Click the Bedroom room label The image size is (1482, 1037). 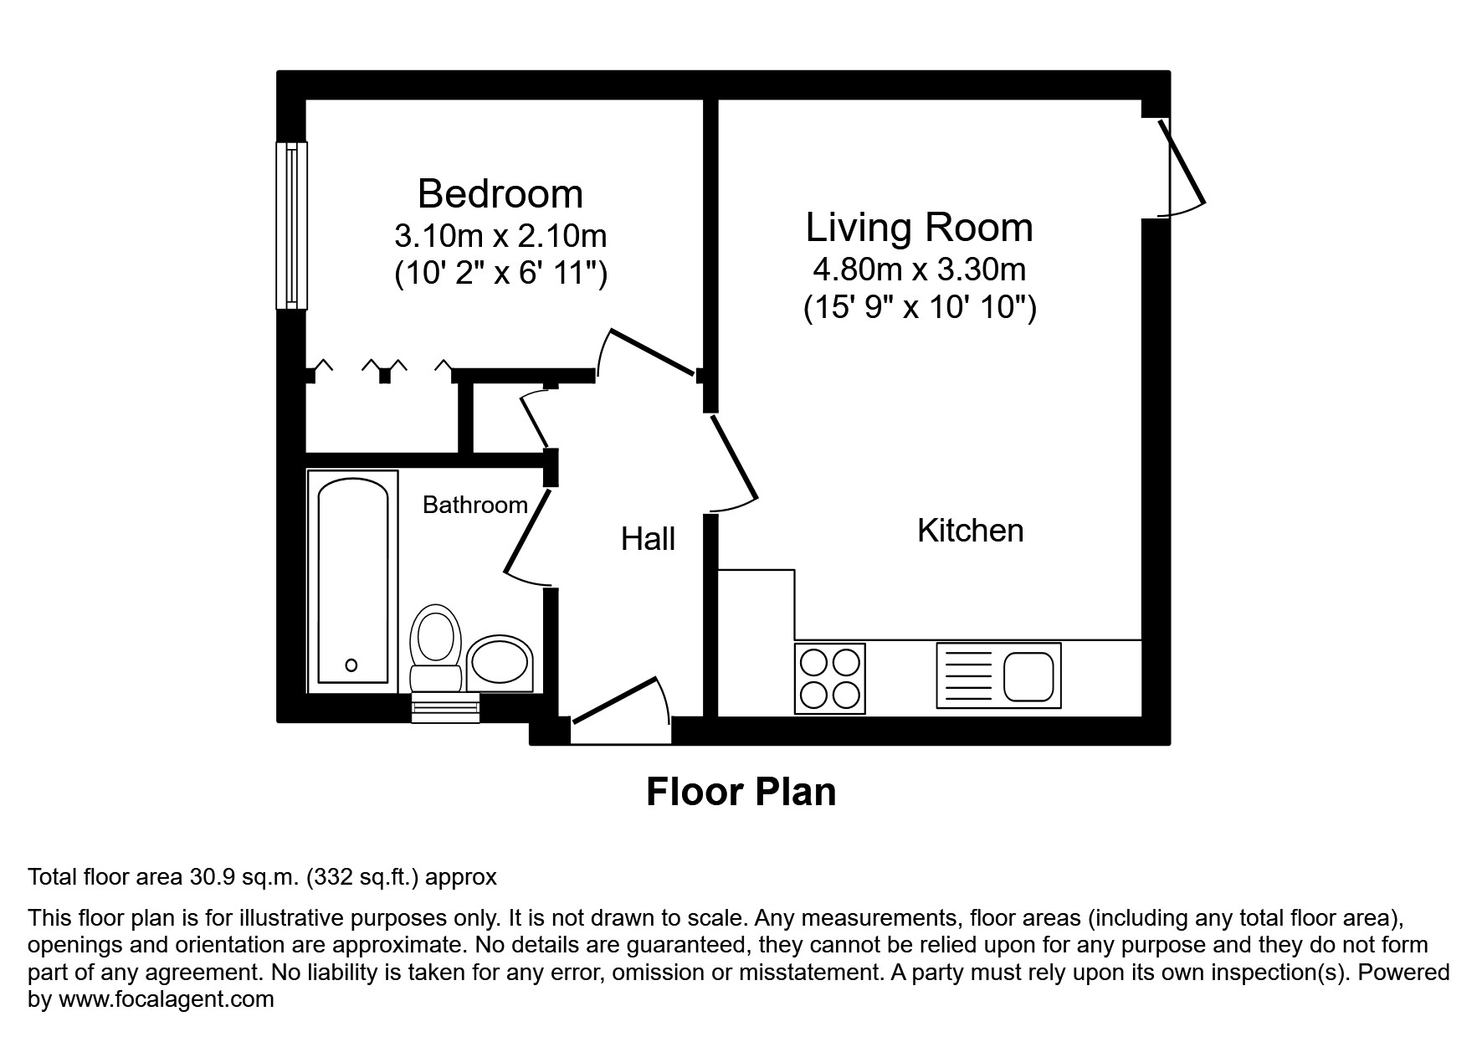point(500,194)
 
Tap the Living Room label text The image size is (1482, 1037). point(919,228)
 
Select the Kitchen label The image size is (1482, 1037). point(970,531)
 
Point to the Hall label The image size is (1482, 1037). point(648,540)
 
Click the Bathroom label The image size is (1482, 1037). point(474,505)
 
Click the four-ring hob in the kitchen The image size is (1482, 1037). point(829,678)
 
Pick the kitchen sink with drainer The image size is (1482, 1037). point(998,675)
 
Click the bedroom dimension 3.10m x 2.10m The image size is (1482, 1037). point(500,236)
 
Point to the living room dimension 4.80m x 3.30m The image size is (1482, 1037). point(919,270)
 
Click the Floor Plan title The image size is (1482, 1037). point(741,792)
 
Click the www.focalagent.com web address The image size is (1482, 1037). point(166,999)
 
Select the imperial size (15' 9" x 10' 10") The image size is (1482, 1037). point(919,308)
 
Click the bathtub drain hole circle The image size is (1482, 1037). point(351,665)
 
